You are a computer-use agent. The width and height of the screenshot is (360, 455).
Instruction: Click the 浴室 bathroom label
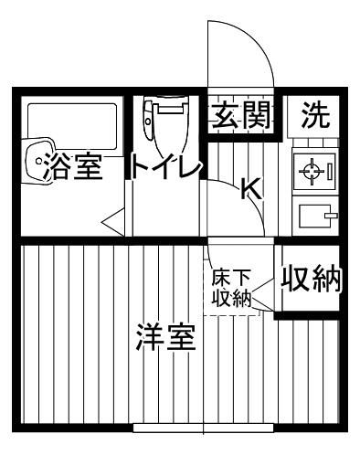point(69,168)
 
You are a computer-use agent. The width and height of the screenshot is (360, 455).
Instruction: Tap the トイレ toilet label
point(164,168)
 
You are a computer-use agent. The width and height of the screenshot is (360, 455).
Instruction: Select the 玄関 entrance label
point(241,116)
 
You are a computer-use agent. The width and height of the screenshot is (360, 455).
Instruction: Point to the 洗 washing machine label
point(315,116)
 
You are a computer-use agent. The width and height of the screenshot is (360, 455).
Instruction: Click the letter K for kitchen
point(249,189)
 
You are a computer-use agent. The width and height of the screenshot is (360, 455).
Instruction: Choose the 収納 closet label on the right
point(311,279)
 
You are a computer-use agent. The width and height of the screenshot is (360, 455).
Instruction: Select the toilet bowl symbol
point(164,132)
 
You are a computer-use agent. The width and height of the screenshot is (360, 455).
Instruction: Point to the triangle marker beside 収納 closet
point(263,294)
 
